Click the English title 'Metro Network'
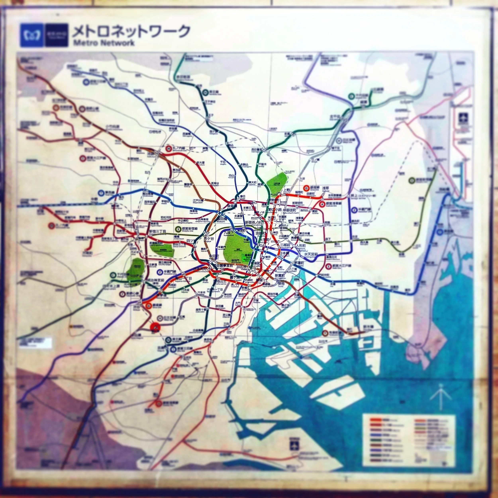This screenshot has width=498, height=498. tap(104, 43)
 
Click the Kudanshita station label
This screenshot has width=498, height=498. tap(228, 233)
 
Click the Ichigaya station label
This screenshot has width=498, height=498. tap(209, 239)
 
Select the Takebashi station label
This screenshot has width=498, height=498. tap(246, 240)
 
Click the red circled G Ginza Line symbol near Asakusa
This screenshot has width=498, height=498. tap(306, 188)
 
